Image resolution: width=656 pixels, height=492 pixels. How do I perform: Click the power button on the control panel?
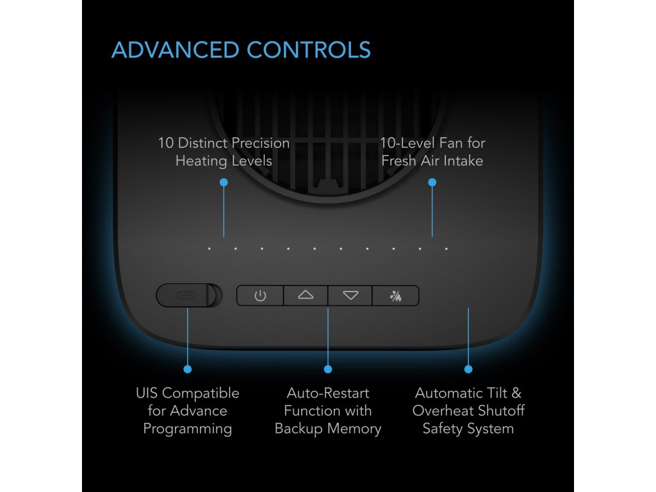(260, 296)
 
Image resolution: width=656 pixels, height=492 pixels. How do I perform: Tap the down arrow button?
(350, 296)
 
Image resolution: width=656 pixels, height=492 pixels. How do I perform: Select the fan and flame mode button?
(396, 296)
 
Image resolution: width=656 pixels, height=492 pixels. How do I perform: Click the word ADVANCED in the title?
(174, 50)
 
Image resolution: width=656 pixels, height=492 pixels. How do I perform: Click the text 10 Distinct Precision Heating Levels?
(224, 152)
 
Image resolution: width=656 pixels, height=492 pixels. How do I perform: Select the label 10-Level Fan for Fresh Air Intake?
(432, 152)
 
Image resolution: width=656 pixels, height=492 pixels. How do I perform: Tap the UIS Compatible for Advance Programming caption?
(188, 411)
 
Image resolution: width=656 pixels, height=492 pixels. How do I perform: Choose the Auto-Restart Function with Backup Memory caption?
(328, 411)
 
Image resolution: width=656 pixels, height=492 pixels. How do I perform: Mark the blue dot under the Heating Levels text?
(224, 183)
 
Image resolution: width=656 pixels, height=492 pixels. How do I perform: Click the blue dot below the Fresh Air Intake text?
(432, 183)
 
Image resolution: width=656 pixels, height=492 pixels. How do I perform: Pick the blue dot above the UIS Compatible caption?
(188, 369)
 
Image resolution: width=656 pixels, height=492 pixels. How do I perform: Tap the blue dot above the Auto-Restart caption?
(328, 369)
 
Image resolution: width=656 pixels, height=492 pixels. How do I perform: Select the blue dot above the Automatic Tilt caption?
(468, 369)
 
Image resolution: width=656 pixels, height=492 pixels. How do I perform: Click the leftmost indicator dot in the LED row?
(209, 249)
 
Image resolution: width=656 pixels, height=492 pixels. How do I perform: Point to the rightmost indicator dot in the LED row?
(447, 249)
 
